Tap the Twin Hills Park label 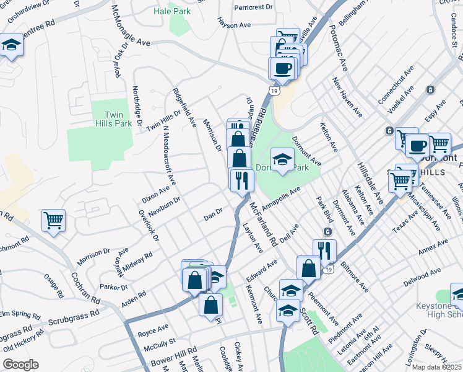click(x=118, y=119)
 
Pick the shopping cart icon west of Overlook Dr click(x=53, y=220)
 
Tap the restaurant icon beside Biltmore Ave click(x=324, y=250)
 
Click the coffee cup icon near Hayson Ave click(x=283, y=69)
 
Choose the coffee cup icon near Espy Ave click(x=417, y=146)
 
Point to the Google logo click(x=20, y=365)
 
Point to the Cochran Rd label click(x=85, y=289)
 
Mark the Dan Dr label click(x=213, y=216)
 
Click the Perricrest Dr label click(x=254, y=7)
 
